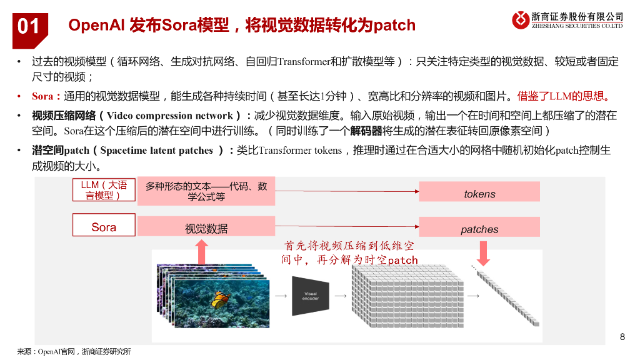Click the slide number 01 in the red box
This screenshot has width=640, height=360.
29,26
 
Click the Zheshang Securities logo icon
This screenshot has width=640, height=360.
521,20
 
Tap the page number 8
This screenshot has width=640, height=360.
622,337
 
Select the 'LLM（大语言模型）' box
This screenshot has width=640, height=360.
104,190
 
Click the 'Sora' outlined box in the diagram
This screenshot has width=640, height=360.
104,227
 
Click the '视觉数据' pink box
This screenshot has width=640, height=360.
206,228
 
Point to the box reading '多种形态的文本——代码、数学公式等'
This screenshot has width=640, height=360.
206,191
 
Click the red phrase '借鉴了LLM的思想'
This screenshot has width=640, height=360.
562,96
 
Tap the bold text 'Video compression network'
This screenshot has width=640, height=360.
169,116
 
